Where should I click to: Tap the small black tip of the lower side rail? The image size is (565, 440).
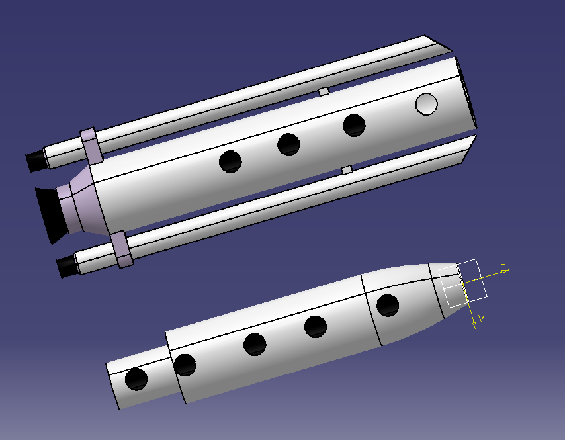click(66, 267)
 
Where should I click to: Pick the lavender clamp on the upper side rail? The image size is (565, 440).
click(91, 147)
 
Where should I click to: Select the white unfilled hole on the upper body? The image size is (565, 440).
click(427, 103)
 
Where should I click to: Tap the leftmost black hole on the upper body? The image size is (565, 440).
click(230, 161)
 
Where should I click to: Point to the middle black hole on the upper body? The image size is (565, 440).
click(288, 144)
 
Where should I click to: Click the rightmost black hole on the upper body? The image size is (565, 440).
click(355, 125)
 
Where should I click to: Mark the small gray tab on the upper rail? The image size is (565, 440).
click(324, 91)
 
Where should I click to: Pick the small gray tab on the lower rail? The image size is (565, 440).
click(346, 170)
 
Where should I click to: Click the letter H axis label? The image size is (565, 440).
click(503, 265)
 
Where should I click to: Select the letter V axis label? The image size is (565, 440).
click(481, 319)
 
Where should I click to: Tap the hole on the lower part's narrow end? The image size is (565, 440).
click(136, 378)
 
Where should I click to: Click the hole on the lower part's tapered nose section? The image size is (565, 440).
click(387, 305)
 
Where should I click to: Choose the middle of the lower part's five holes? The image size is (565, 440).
click(255, 344)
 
